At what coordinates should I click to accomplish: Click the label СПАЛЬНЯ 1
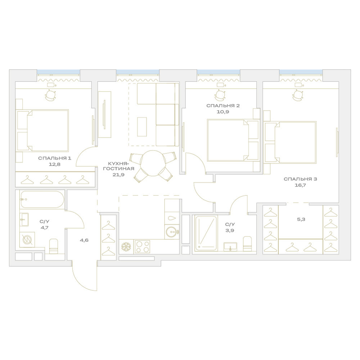tap(55, 158)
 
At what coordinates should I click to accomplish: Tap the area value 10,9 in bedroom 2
tap(223, 112)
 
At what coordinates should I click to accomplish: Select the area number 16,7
tap(300, 185)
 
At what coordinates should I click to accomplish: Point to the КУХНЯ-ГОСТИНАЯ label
tap(118, 166)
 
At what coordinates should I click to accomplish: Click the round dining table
tap(153, 163)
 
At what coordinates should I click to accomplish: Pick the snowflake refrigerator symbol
tap(126, 247)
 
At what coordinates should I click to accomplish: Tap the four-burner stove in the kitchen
tap(142, 247)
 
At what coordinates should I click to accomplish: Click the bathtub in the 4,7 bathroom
tap(42, 199)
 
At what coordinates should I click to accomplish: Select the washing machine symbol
tap(27, 240)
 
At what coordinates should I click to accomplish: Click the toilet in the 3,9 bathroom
tap(247, 244)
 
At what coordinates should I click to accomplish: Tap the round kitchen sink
tap(172, 232)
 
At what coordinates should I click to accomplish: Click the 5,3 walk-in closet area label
tap(301, 219)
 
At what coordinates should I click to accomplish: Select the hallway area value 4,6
tap(84, 240)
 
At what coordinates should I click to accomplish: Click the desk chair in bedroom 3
tap(298, 95)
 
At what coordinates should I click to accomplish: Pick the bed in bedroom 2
tap(233, 140)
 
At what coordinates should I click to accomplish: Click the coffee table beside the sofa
tap(142, 127)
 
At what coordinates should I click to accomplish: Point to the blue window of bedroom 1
tap(58, 72)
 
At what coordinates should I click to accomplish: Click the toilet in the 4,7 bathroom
tap(54, 246)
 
